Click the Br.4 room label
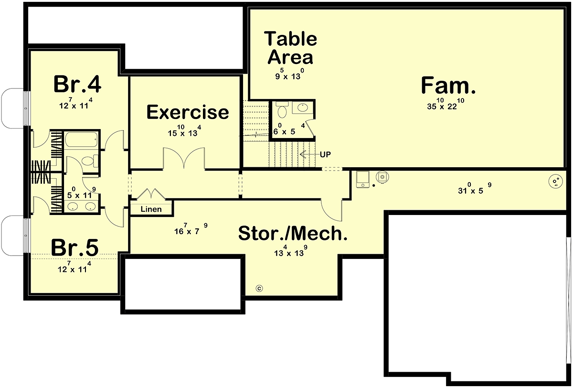(x=77, y=84)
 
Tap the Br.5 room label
(x=74, y=248)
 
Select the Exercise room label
(x=188, y=112)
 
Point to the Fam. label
(x=448, y=86)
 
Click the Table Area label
(x=291, y=48)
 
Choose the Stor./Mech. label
(x=293, y=233)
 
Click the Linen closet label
(x=151, y=209)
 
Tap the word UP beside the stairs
(x=325, y=154)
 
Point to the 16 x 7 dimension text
(x=191, y=229)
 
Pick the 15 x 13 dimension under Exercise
(x=184, y=130)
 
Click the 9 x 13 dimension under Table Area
(x=289, y=74)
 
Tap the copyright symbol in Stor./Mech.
(x=259, y=289)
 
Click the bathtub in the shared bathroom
(x=81, y=140)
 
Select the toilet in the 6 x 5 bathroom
(x=282, y=110)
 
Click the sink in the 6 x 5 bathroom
(x=303, y=107)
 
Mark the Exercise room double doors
(x=184, y=158)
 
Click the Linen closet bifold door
(x=151, y=194)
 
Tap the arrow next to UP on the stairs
(x=309, y=154)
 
